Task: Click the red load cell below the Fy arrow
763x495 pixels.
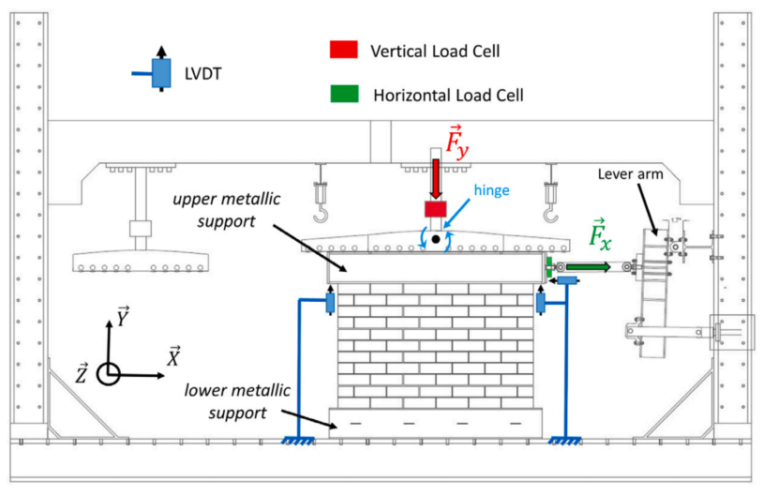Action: coord(437,210)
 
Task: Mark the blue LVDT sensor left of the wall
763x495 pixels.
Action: coord(331,304)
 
